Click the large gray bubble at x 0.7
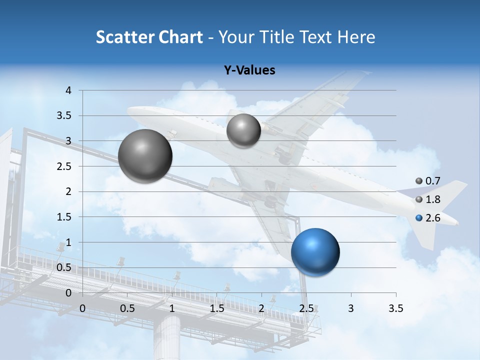point(145,156)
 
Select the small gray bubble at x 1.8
point(243,130)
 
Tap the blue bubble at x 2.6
point(315,252)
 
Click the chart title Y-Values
point(249,70)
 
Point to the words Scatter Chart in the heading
point(149,37)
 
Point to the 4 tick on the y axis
point(69,90)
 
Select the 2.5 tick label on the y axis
point(65,166)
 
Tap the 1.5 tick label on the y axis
point(65,217)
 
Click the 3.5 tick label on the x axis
point(395,309)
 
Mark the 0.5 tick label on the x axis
point(127,309)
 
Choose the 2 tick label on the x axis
point(261,309)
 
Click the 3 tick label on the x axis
point(351,309)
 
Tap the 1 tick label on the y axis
point(69,242)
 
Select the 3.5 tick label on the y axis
point(65,116)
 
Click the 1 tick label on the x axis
point(172,309)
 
